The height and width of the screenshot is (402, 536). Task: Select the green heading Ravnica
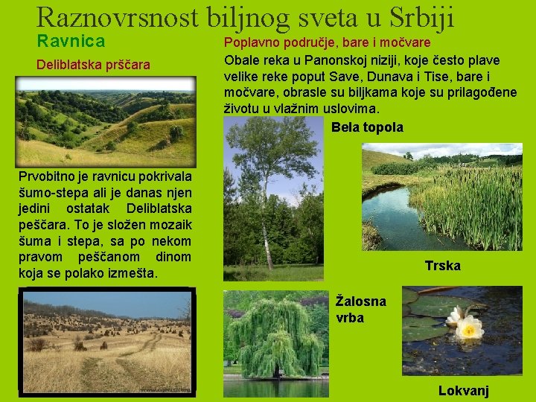click(71, 41)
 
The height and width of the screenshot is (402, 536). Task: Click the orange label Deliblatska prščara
click(93, 66)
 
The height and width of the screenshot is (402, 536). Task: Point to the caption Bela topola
click(367, 127)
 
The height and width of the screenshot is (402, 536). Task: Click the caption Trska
click(442, 266)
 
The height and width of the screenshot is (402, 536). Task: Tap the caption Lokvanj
click(463, 391)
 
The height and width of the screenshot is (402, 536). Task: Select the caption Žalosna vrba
click(361, 309)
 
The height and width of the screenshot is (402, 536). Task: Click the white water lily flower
click(468, 324)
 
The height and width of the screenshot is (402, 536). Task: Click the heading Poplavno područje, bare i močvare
click(328, 42)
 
